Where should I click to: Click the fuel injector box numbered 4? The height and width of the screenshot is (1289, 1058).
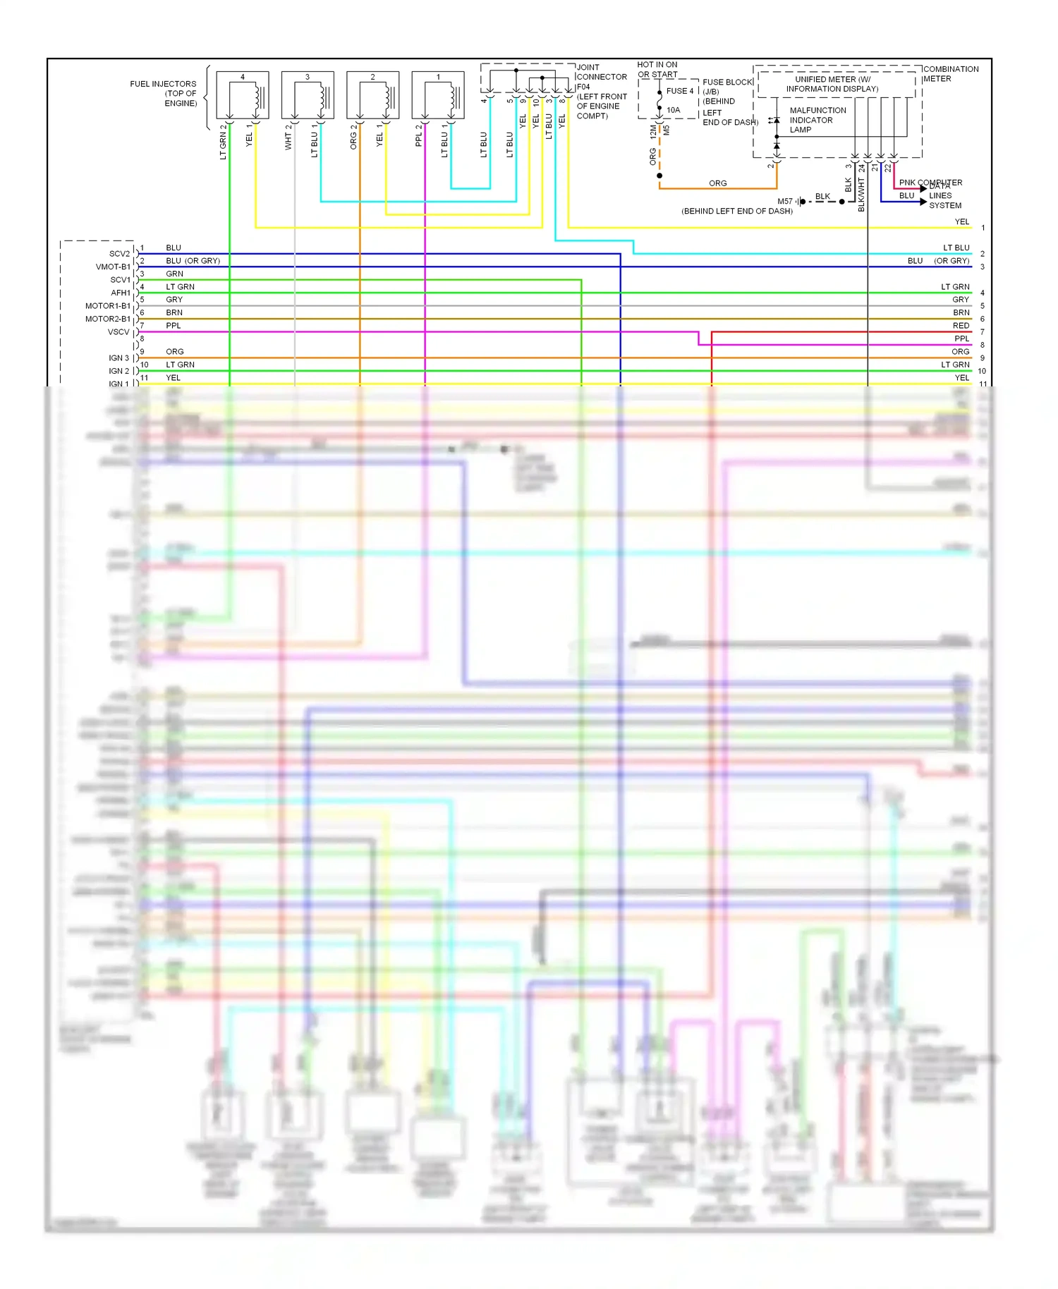[x=242, y=95]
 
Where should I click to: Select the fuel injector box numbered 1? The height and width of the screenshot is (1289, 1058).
[x=438, y=95]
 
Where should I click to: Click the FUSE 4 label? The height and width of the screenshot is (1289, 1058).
[x=680, y=91]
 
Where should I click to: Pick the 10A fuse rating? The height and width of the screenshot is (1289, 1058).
[x=674, y=110]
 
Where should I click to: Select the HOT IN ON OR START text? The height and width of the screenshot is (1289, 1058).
[x=657, y=69]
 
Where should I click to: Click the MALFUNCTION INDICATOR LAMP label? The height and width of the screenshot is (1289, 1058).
[x=817, y=120]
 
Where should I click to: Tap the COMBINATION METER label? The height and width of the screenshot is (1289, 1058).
[x=950, y=74]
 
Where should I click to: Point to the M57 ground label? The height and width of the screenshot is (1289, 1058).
[x=784, y=202]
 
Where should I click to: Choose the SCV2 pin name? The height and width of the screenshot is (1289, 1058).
[x=119, y=254]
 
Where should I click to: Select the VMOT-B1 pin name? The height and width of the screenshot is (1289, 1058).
[x=113, y=267]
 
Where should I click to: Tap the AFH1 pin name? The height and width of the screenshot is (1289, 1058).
[x=120, y=293]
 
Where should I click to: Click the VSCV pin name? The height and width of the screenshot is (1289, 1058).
[x=118, y=332]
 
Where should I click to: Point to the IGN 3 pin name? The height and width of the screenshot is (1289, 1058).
[x=118, y=358]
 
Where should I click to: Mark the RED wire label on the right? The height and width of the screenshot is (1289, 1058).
[x=961, y=326]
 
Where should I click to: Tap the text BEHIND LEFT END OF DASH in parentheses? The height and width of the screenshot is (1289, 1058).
[x=736, y=211]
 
